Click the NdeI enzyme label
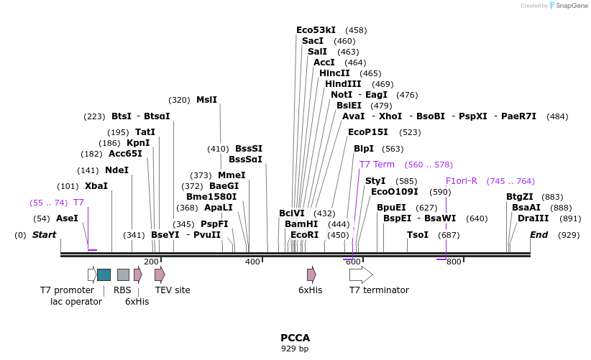116,170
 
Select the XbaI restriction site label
96,185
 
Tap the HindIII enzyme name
343,84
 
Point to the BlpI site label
364,149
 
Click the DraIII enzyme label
533,218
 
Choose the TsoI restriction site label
418,235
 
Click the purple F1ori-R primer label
461,181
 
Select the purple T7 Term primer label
377,165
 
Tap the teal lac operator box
104,274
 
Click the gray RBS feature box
123,274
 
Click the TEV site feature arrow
160,274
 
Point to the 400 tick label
252,262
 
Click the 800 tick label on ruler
454,262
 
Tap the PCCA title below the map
295,337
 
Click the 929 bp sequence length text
295,349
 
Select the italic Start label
44,235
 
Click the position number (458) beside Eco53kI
356,30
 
